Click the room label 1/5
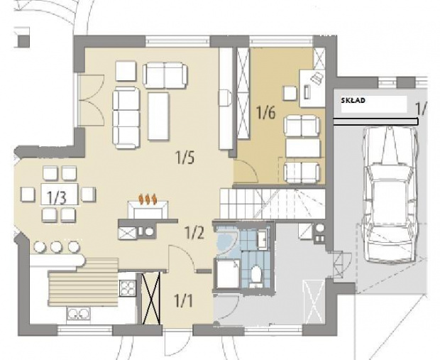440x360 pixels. [185, 158]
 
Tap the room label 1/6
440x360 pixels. [265, 113]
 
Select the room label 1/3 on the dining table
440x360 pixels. [56, 197]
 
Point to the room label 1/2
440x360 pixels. [194, 233]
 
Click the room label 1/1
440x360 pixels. [183, 301]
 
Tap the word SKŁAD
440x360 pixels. [353, 101]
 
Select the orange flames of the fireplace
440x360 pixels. [148, 199]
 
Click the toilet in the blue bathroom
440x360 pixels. [255, 274]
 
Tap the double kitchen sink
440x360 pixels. [78, 315]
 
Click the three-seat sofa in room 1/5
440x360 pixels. [126, 117]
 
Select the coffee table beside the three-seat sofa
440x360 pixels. [158, 116]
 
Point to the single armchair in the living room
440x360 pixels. [126, 71]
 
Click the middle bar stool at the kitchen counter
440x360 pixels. [56, 246]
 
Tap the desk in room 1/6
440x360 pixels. [312, 88]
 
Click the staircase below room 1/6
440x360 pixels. [273, 204]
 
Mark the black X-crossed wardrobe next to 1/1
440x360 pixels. [151, 298]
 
